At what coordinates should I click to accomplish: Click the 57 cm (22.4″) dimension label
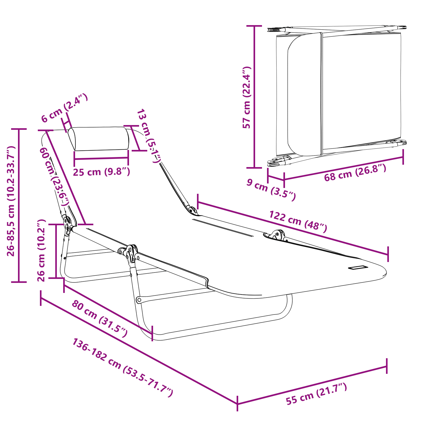[x=247, y=98]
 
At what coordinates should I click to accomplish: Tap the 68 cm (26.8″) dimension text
[x=355, y=172]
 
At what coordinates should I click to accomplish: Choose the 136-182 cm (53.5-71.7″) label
[x=123, y=367]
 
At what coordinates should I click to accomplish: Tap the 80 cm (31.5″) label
[x=99, y=318]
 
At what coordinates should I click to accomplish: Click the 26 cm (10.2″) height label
[x=42, y=250]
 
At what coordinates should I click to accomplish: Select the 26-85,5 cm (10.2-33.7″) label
[x=11, y=201]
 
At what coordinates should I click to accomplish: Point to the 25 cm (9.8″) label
[x=102, y=172]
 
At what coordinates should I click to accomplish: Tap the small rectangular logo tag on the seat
[x=358, y=268]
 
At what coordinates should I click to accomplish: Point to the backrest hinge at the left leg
[x=68, y=224]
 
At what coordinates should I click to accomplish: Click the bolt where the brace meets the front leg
[x=139, y=300]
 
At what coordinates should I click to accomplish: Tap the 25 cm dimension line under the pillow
[x=101, y=158]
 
